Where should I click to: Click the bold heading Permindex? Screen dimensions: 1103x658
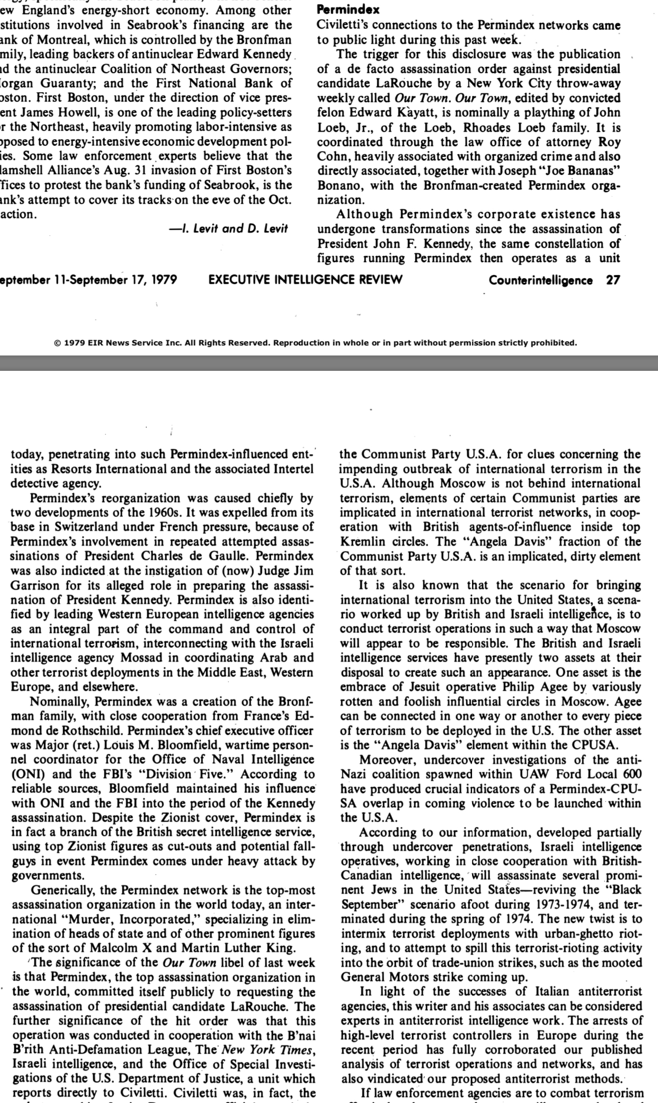coord(348,10)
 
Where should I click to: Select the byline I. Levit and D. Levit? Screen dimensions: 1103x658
coord(228,228)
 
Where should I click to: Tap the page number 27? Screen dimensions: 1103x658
coord(613,280)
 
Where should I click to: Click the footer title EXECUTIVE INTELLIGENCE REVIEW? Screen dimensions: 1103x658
coord(305,280)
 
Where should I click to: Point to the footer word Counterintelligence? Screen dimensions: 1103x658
coord(540,280)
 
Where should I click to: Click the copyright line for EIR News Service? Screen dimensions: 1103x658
coord(315,343)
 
